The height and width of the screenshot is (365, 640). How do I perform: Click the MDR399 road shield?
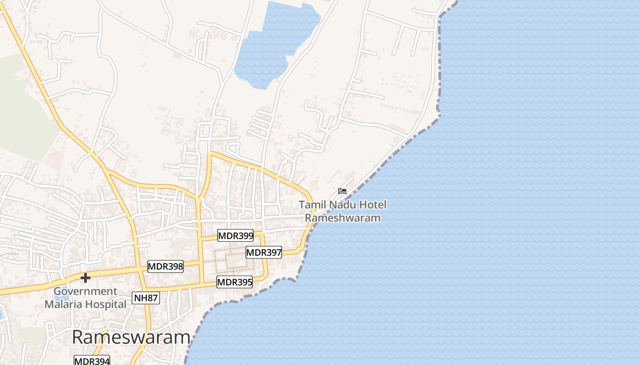235,235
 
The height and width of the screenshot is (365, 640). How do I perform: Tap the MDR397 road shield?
264,252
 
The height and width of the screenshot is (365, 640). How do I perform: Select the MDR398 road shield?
165,266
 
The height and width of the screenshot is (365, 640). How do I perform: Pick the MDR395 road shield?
235,282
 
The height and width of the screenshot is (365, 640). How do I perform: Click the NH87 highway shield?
146,298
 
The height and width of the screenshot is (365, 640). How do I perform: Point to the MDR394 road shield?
92,361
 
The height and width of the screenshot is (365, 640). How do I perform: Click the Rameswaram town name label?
131,338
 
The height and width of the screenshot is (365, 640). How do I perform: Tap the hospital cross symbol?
85,277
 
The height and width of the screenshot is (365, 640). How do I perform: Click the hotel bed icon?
342,191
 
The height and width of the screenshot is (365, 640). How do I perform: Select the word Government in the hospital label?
85,291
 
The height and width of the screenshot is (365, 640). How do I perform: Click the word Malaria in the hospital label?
64,304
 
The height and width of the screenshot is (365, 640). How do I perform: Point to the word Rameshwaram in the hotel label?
343,218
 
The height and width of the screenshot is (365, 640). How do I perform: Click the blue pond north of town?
274,46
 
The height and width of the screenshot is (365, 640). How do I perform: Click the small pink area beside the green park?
53,159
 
